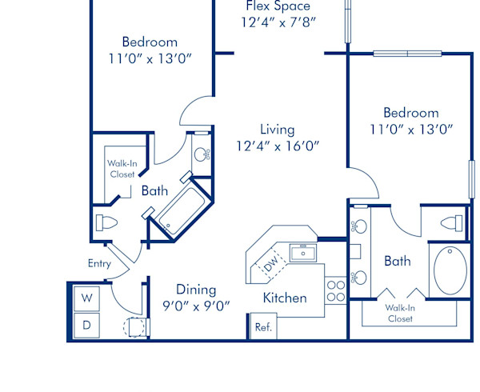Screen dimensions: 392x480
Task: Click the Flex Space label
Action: point(278,6)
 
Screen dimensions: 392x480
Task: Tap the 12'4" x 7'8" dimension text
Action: point(278,22)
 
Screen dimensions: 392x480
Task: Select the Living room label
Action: point(278,129)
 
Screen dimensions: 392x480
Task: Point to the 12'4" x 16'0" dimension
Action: point(278,146)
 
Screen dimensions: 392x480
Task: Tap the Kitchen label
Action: point(285,298)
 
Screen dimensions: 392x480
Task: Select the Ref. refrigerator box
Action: point(262,326)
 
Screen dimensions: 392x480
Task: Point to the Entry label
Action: point(99,263)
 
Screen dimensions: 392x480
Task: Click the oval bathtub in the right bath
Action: point(450,270)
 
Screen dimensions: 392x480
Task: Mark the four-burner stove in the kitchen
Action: point(335,290)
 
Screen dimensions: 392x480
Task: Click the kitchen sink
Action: point(303,254)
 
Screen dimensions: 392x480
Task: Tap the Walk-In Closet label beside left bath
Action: point(122,168)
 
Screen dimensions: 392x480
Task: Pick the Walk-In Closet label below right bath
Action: point(399,312)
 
